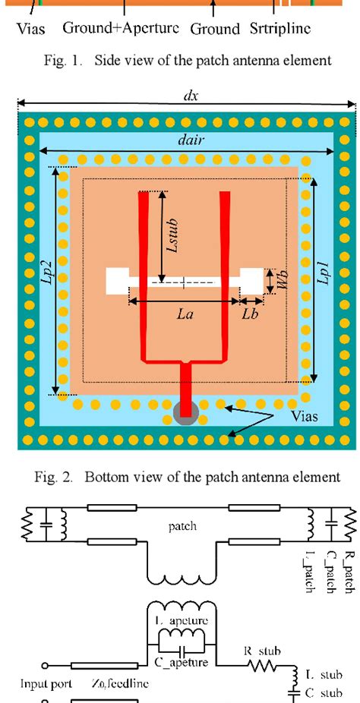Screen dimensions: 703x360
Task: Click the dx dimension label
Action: [x=188, y=96]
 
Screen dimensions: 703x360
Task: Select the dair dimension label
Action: [x=188, y=140]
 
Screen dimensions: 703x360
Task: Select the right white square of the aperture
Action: [x=251, y=280]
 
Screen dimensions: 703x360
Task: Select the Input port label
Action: [x=47, y=684]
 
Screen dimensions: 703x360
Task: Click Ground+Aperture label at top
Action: [x=121, y=29]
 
